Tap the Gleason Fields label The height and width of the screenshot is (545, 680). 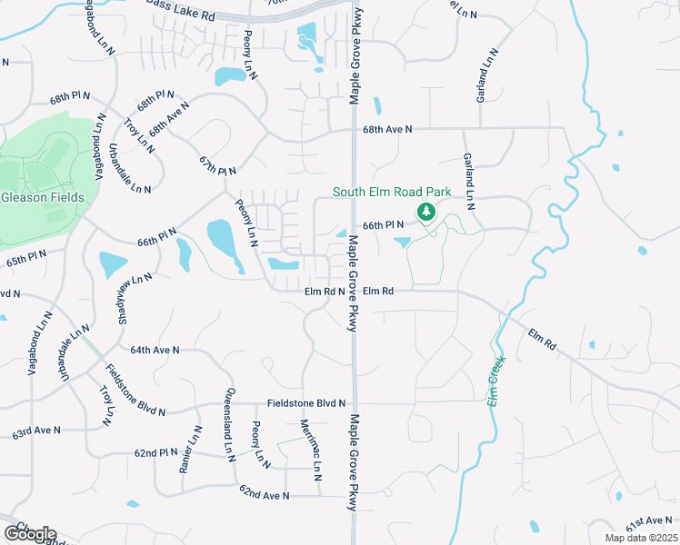tap(43, 197)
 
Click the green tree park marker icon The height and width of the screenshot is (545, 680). tap(424, 213)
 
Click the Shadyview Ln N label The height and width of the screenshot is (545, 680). tap(129, 292)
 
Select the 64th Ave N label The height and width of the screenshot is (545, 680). tap(155, 350)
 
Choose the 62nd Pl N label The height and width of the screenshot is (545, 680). tap(155, 451)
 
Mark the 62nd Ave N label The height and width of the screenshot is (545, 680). tap(264, 495)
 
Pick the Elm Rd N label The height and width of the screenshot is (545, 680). tap(324, 292)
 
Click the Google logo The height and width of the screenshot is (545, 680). tap(29, 533)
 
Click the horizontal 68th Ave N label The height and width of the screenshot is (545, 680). tap(388, 130)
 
